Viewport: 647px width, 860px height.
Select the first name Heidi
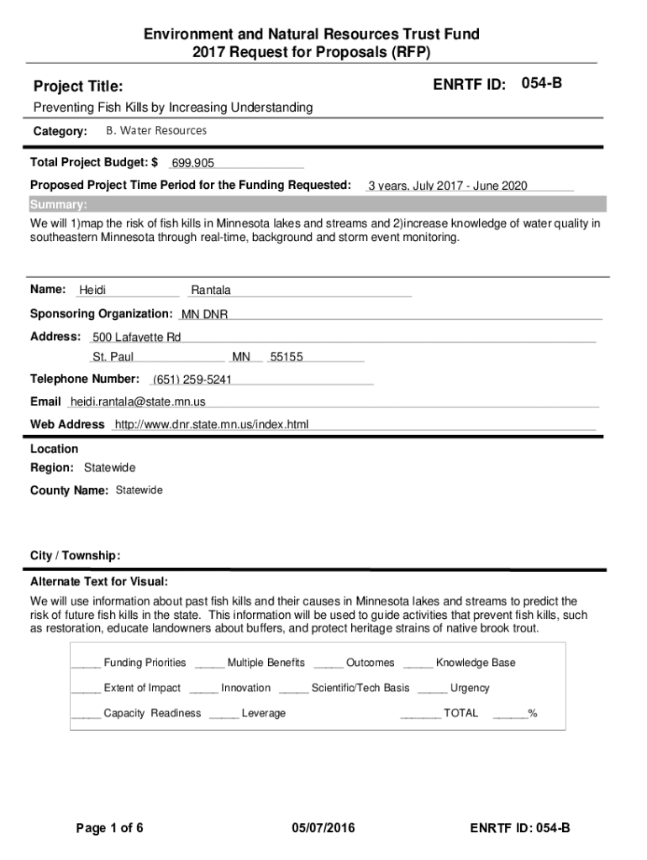(x=92, y=291)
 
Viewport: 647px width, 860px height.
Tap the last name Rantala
(x=211, y=291)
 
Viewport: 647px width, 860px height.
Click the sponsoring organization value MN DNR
(x=204, y=315)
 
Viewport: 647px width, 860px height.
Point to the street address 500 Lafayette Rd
(x=136, y=338)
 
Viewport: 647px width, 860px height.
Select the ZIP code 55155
(x=287, y=357)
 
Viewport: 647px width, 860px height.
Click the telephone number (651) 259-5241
(x=192, y=380)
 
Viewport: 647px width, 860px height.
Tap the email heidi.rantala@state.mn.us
(x=138, y=401)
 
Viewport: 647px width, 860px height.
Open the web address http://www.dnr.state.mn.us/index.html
(x=212, y=424)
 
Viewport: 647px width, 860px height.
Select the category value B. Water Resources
(x=156, y=131)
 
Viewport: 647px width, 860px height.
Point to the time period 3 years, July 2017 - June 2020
(x=447, y=186)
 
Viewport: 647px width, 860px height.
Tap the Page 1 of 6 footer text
(x=110, y=829)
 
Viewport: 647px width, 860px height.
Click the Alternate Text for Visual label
(x=99, y=582)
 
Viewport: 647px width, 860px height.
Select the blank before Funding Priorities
(x=86, y=663)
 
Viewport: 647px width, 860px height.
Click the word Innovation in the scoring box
(x=246, y=688)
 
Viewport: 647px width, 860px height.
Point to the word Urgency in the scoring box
(x=470, y=688)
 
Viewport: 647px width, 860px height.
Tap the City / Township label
(x=76, y=556)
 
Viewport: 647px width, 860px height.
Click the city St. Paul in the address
(x=113, y=357)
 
